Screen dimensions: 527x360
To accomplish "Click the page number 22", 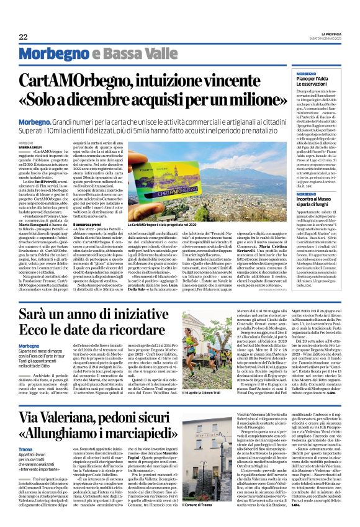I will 23,37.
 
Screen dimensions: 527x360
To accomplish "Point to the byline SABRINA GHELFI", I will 47,146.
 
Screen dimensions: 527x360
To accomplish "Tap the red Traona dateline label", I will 43,465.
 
